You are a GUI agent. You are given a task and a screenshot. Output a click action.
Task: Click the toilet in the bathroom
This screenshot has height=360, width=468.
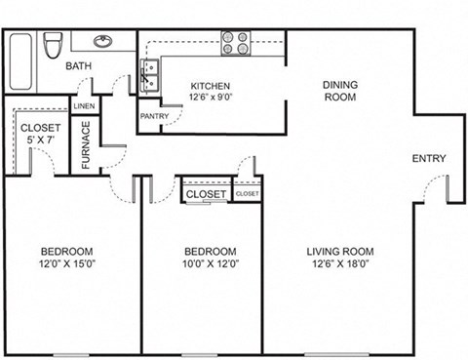(x=56, y=44)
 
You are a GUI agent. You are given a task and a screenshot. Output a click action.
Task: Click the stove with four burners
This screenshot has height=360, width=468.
(x=234, y=42)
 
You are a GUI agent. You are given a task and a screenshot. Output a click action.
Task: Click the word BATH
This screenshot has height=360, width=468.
(x=78, y=67)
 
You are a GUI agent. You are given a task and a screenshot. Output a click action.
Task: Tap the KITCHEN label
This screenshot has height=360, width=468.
(x=211, y=85)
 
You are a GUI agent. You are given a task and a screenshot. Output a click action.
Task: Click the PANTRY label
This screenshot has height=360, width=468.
(x=155, y=117)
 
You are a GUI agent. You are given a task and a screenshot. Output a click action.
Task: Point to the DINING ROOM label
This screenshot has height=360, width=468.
(x=340, y=91)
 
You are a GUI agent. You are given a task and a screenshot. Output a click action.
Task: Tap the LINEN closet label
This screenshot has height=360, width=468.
(x=85, y=105)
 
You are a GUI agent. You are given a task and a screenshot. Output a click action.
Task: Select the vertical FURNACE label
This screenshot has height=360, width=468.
(x=86, y=144)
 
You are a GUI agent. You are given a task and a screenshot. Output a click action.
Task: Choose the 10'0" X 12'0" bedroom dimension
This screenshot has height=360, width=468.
(x=210, y=262)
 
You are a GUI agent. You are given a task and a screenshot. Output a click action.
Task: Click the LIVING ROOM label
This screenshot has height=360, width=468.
(x=341, y=251)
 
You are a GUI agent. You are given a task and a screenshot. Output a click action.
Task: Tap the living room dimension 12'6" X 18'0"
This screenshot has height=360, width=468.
(x=341, y=262)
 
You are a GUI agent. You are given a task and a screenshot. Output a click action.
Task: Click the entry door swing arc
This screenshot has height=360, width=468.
(x=439, y=185)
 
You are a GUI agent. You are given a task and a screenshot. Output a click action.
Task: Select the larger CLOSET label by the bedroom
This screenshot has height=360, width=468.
(x=206, y=194)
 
